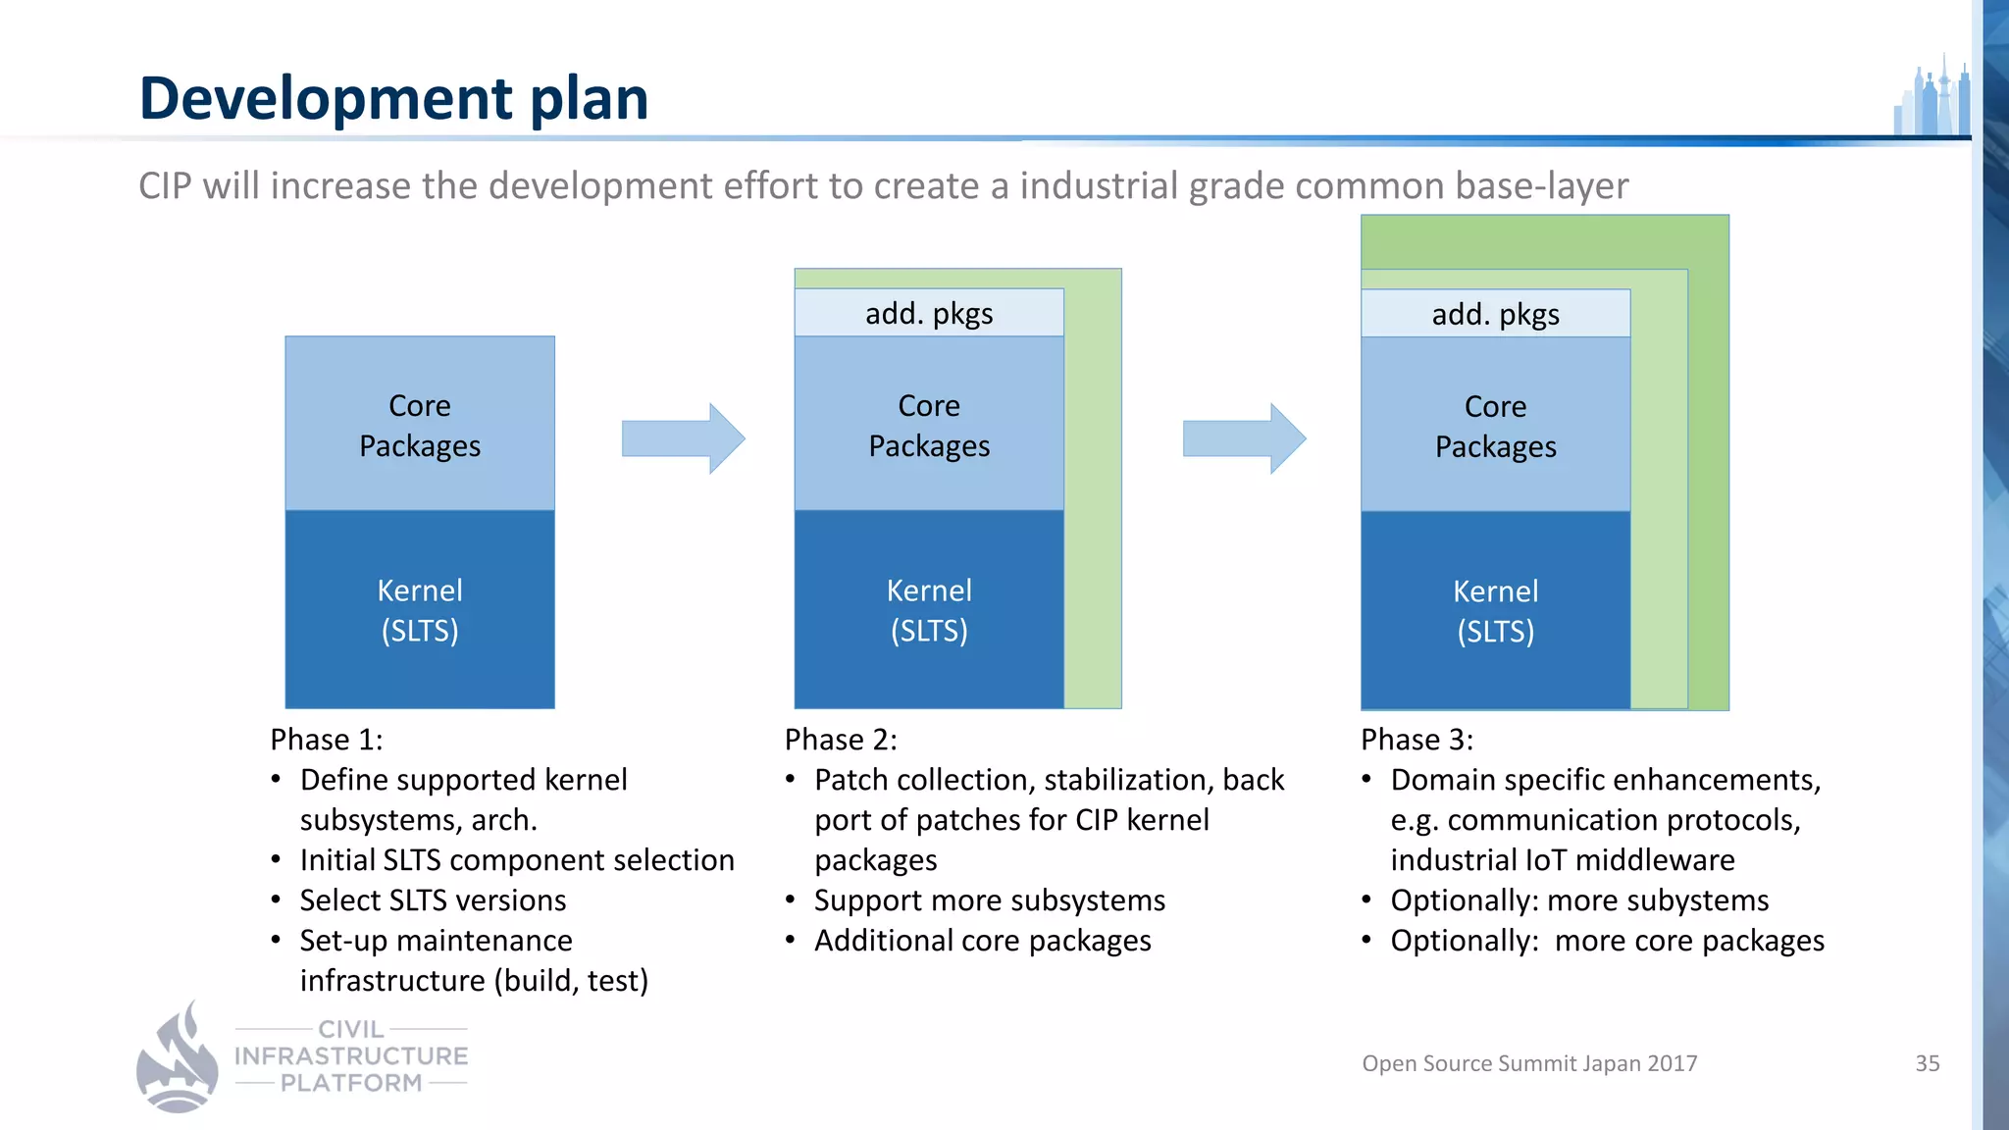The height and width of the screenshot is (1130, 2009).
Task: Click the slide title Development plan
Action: click(x=393, y=98)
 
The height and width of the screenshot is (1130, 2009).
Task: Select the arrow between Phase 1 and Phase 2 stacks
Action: click(x=683, y=438)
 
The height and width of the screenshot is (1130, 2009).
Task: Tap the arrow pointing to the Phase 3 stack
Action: click(x=1243, y=438)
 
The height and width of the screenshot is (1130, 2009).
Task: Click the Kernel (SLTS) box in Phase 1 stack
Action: click(x=420, y=609)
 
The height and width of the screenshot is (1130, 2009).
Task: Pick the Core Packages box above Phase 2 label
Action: click(x=929, y=425)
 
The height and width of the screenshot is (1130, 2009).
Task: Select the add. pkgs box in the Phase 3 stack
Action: click(x=1495, y=314)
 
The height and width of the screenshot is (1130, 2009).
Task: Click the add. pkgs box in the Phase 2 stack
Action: click(x=929, y=313)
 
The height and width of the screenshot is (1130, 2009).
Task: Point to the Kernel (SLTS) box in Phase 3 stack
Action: click(x=1495, y=610)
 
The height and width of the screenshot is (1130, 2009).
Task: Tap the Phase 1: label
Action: click(x=327, y=740)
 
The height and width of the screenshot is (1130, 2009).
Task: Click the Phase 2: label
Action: click(x=841, y=740)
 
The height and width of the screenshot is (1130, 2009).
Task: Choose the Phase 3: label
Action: click(x=1417, y=740)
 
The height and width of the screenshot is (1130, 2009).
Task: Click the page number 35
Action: click(x=1927, y=1063)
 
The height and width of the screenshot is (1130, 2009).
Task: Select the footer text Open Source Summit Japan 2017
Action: click(x=1529, y=1063)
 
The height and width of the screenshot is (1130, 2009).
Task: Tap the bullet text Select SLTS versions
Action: click(x=433, y=900)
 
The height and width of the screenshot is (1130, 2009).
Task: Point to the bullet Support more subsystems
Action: click(x=989, y=900)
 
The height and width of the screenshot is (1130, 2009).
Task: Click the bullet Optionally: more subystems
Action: click(x=1579, y=900)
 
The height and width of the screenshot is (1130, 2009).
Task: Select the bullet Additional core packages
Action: click(x=982, y=941)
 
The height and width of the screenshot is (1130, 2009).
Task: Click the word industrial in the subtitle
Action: click(x=1099, y=186)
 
